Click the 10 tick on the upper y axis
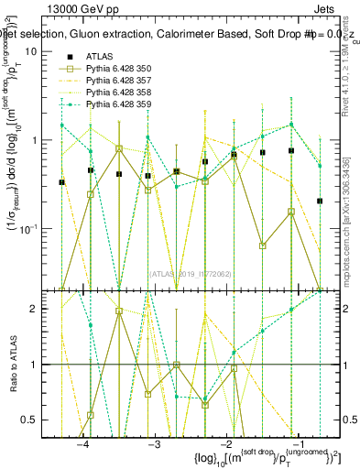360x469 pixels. [31, 51]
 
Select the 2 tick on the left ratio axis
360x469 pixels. [35, 309]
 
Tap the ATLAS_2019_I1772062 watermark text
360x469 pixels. [191, 273]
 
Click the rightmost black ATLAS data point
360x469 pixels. [320, 201]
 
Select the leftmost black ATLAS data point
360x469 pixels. [61, 182]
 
